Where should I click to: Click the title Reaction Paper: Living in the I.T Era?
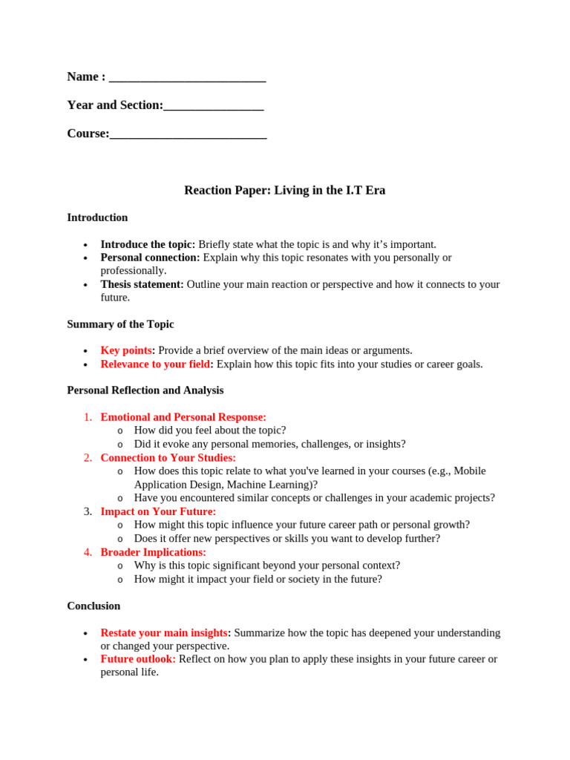[284, 191]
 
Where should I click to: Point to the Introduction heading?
[97, 217]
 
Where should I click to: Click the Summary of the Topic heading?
[120, 324]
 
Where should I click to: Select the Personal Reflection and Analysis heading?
[145, 390]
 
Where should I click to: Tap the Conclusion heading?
[94, 606]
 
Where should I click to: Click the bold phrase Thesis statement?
[142, 284]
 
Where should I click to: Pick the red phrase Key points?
[126, 350]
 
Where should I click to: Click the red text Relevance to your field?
[157, 364]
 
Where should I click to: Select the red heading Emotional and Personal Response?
[183, 417]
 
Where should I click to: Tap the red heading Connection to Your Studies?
[168, 458]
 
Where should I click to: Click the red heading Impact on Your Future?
[158, 511]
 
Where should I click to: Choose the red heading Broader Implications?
[154, 552]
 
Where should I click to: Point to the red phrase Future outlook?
[138, 659]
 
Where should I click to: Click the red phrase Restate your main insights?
[165, 633]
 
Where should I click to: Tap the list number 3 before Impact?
[88, 511]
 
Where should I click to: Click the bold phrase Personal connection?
[150, 258]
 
